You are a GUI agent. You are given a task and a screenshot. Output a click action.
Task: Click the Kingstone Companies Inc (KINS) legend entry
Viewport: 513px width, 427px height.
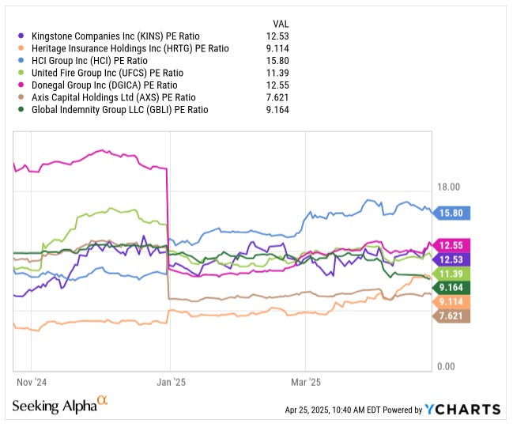115,36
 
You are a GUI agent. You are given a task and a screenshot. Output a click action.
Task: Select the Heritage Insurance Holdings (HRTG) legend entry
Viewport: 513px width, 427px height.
129,48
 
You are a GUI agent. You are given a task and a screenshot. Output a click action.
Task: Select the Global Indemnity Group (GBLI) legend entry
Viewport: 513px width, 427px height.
119,110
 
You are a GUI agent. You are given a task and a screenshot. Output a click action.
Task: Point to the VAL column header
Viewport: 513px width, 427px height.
281,24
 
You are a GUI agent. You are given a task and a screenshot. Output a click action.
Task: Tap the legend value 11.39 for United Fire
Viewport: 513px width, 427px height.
277,73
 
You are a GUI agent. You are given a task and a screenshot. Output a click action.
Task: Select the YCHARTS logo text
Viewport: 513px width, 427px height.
462,409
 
